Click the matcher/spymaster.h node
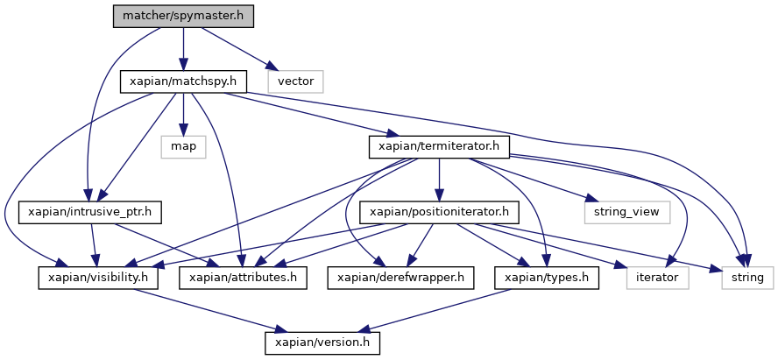[182, 16]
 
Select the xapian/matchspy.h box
[182, 81]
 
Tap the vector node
[296, 81]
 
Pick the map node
[183, 146]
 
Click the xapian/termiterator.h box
[439, 146]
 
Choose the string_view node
[626, 212]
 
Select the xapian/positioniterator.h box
[439, 212]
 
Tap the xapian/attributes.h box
[238, 278]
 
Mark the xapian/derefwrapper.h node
[400, 278]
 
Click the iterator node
[657, 278]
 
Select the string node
[747, 278]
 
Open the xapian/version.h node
[322, 342]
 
